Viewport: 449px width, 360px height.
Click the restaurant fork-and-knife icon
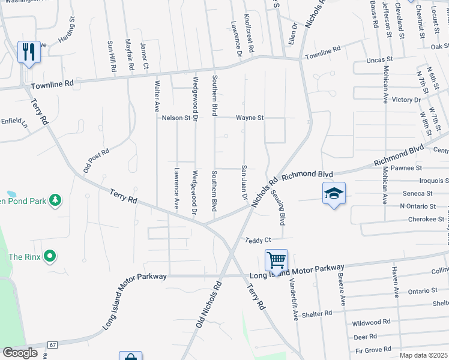coord(28,52)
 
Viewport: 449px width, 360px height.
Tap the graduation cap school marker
coord(334,193)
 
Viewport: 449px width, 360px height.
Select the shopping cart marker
coord(276,260)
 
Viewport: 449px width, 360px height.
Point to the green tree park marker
coord(55,199)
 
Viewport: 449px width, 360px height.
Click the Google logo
coord(20,353)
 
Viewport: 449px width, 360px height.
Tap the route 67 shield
coord(53,345)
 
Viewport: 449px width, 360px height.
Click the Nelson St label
coord(176,118)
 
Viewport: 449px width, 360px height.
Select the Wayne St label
coord(250,118)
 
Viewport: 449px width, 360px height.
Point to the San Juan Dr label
coord(244,182)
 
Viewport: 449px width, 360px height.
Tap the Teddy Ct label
coord(259,240)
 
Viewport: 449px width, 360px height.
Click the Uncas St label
coord(380,60)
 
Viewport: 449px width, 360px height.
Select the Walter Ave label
coord(157,97)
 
